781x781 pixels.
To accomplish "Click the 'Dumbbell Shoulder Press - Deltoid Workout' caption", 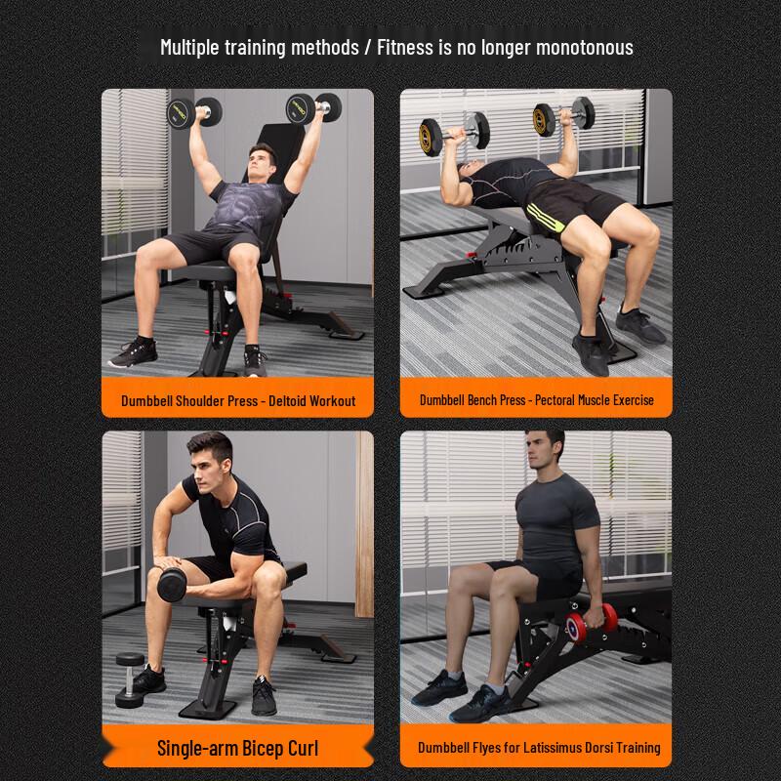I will point(238,400).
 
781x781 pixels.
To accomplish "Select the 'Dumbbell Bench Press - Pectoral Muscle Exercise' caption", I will point(537,400).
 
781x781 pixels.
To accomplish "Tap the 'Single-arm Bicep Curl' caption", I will point(238,749).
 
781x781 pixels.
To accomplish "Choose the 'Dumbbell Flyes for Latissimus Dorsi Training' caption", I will point(540,748).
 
